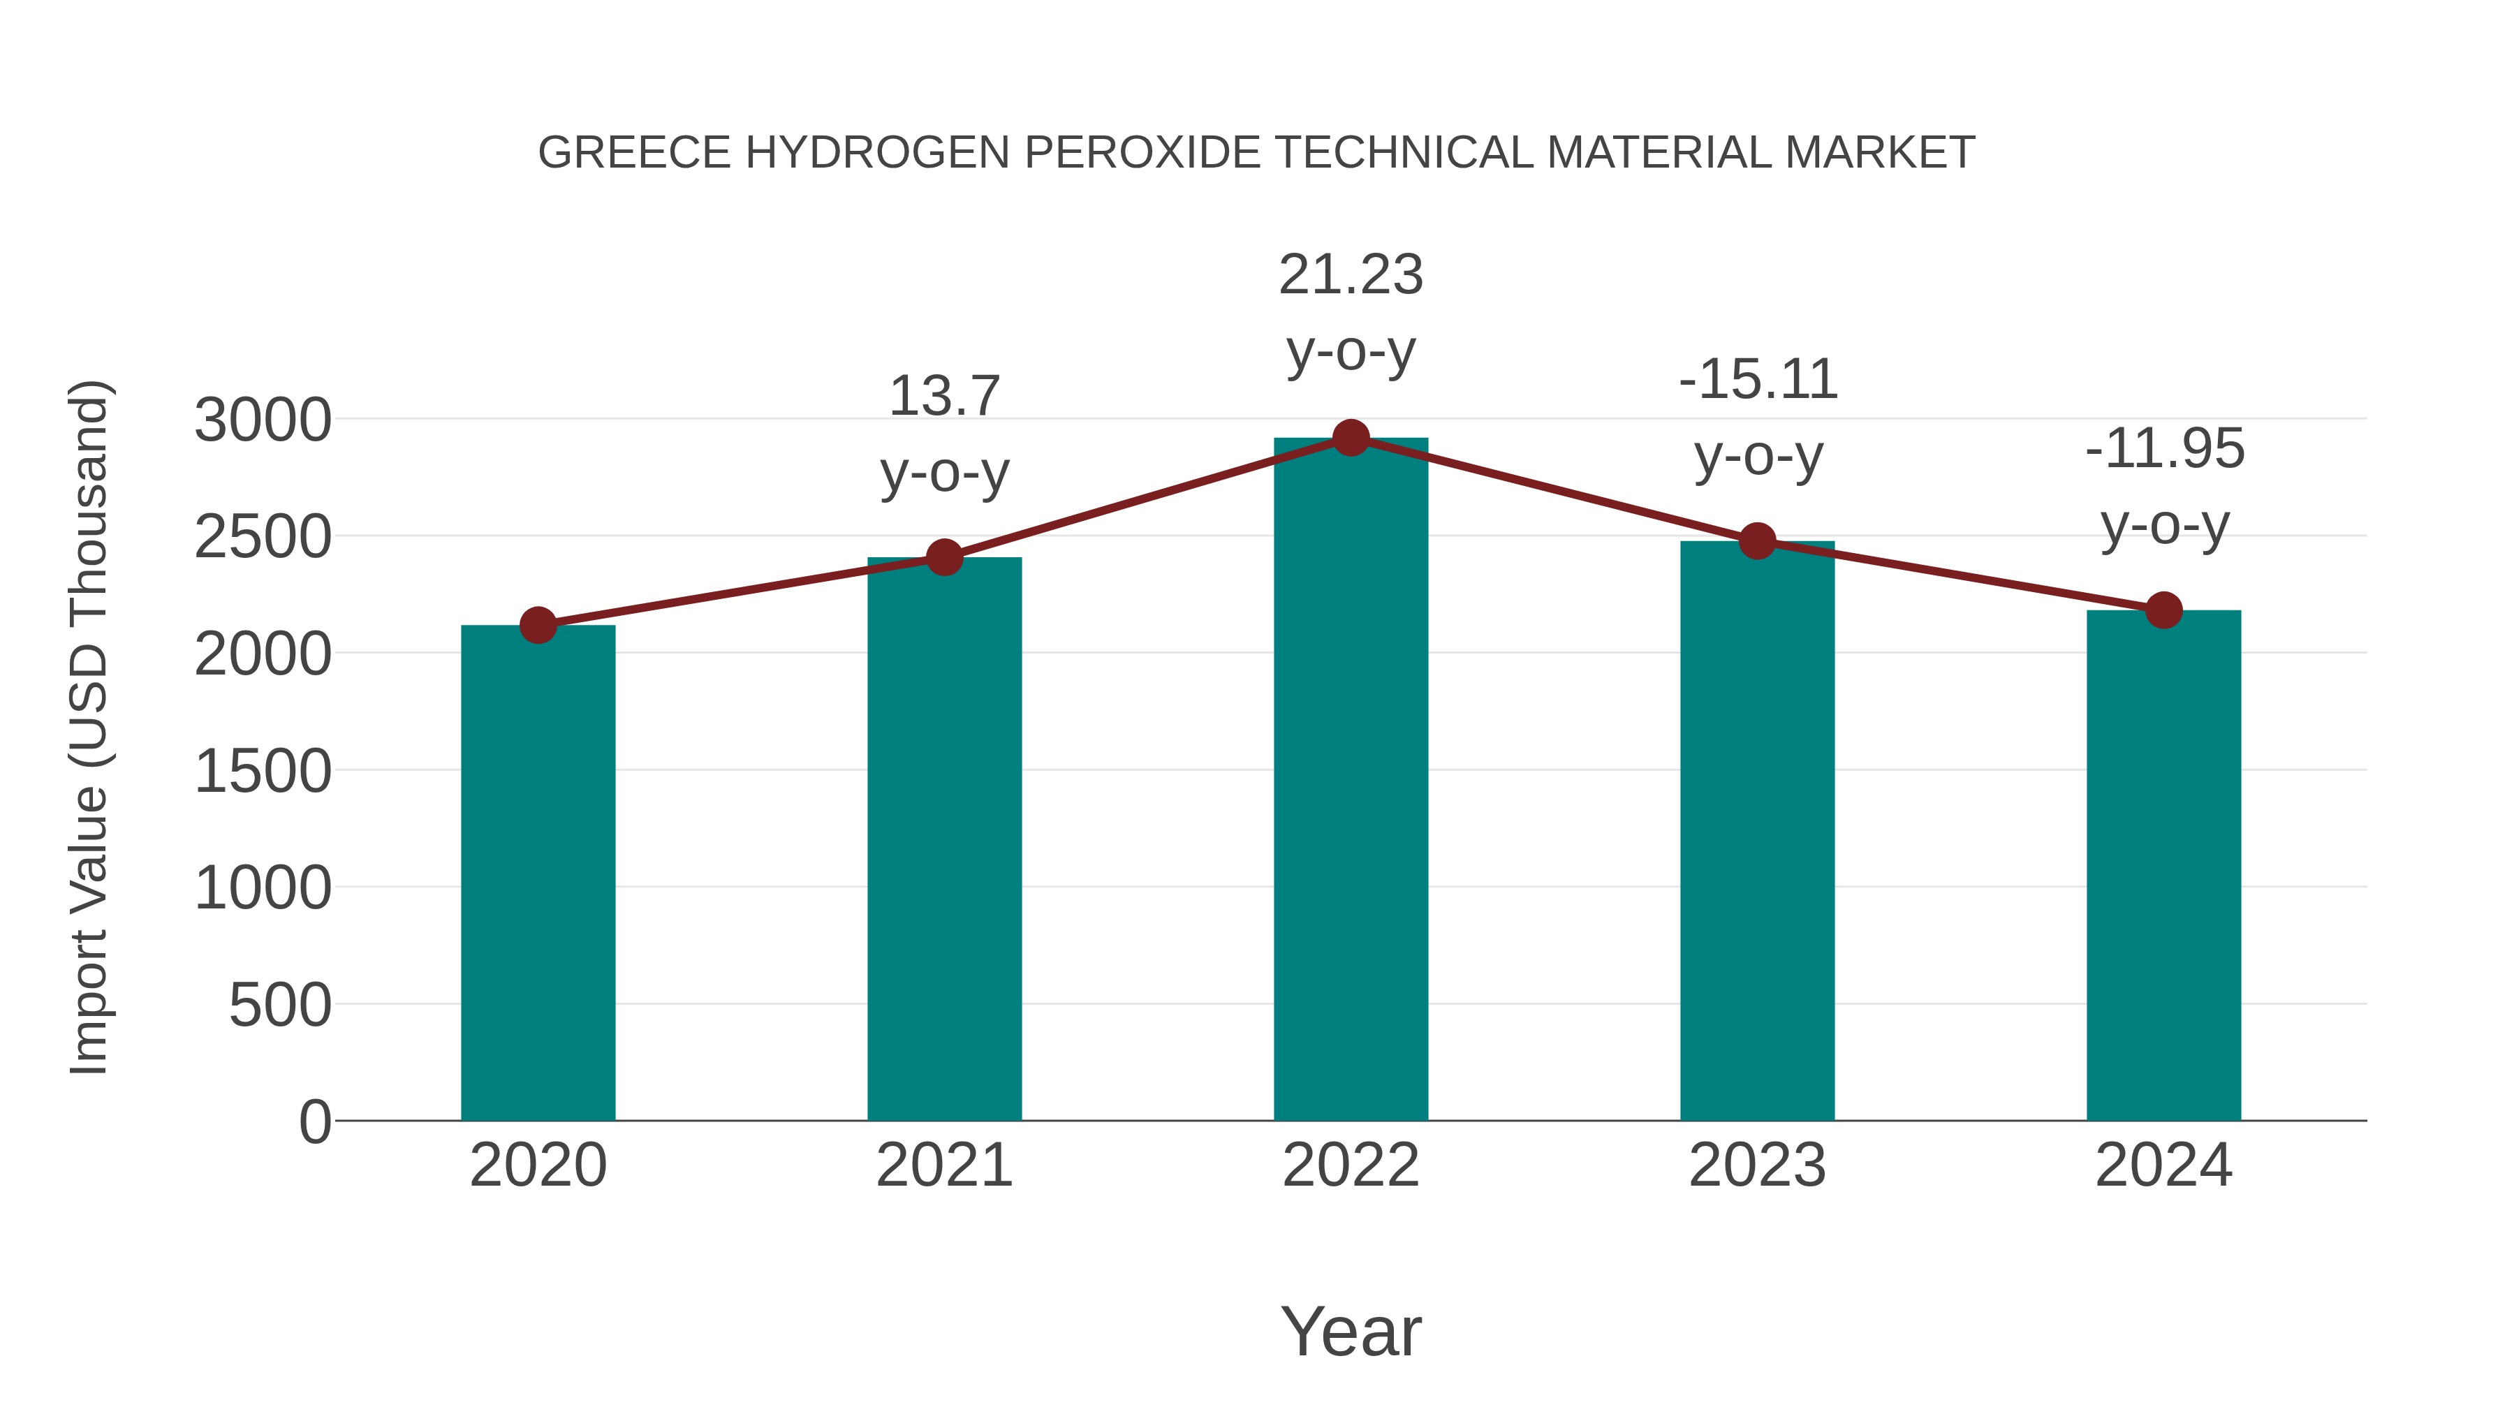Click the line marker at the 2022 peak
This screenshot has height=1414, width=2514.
pos(1351,438)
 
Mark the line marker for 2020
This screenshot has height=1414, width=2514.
pos(538,626)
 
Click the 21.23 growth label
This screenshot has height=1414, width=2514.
pos(1351,275)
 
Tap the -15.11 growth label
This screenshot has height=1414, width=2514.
pos(1758,380)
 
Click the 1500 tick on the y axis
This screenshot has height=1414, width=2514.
pos(263,772)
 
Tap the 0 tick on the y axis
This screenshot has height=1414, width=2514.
pos(314,1121)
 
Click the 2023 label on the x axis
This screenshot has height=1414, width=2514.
pos(1758,1165)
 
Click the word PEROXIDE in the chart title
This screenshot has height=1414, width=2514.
pos(1142,153)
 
